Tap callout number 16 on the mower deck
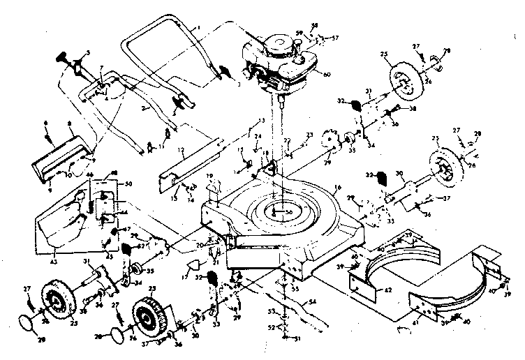pyautogui.click(x=337, y=188)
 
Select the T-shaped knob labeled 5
pyautogui.click(x=73, y=60)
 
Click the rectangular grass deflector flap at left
pyautogui.click(x=59, y=156)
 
